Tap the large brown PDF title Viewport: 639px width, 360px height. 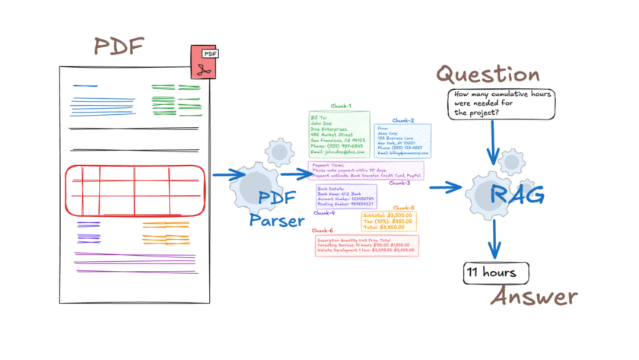coord(119,45)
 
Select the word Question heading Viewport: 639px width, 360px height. coord(487,75)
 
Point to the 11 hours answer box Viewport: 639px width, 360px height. coord(495,272)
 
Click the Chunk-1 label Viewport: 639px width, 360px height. coord(340,106)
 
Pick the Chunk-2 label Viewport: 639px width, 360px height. coord(403,120)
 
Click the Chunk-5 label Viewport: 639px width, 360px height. coord(403,208)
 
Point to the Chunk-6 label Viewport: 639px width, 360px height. coord(323,230)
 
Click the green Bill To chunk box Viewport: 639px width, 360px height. coord(339,135)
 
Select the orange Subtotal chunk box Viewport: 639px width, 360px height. coord(388,221)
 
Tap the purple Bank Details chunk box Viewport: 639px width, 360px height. coord(341,196)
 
